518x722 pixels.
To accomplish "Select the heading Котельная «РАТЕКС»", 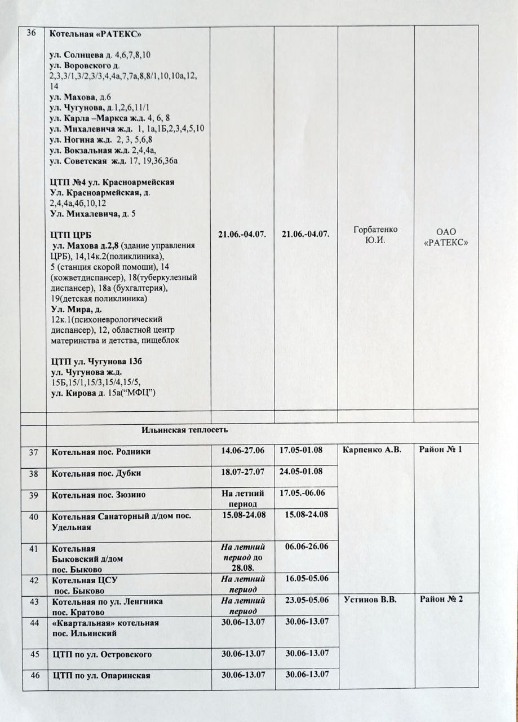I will (x=95, y=35).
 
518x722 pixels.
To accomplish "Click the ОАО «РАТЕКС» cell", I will (x=446, y=237).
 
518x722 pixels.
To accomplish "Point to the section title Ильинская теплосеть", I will (x=185, y=430).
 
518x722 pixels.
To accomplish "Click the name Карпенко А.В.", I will (x=372, y=450).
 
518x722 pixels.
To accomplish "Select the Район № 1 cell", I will (x=441, y=450).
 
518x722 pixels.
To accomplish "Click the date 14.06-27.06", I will (x=243, y=450).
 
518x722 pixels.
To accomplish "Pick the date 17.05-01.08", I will (x=305, y=450).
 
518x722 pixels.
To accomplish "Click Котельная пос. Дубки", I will (x=96, y=473).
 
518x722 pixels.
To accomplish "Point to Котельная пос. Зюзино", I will (x=99, y=495).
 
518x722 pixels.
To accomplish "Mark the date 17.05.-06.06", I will (x=305, y=494).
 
